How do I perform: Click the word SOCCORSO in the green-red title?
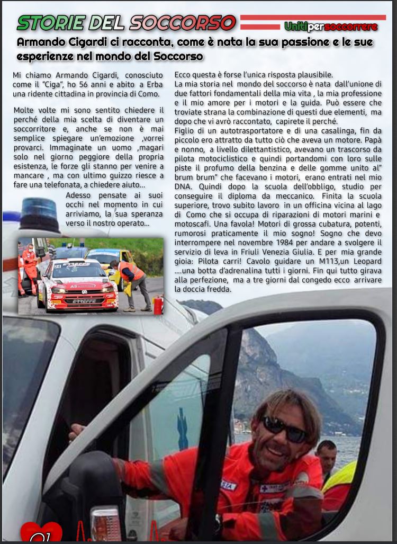183,22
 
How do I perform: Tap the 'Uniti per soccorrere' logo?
331,26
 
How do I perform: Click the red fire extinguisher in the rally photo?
158,306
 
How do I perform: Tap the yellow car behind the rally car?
108,259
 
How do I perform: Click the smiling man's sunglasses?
286,429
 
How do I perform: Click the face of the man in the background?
327,453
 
